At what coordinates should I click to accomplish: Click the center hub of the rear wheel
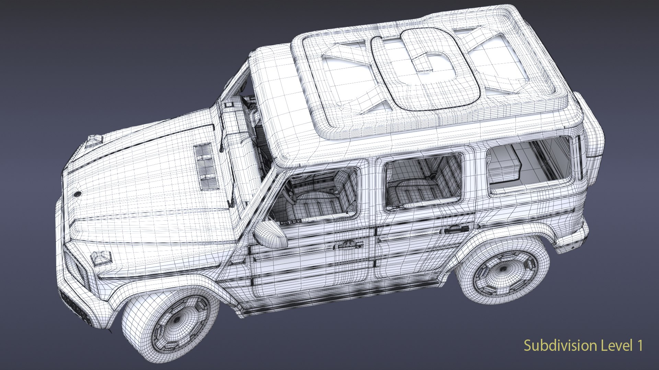click(502, 269)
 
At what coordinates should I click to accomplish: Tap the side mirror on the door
click(270, 235)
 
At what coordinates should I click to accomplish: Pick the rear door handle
click(457, 229)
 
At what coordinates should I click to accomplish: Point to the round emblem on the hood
click(78, 194)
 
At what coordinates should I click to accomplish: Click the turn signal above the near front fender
click(101, 259)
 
